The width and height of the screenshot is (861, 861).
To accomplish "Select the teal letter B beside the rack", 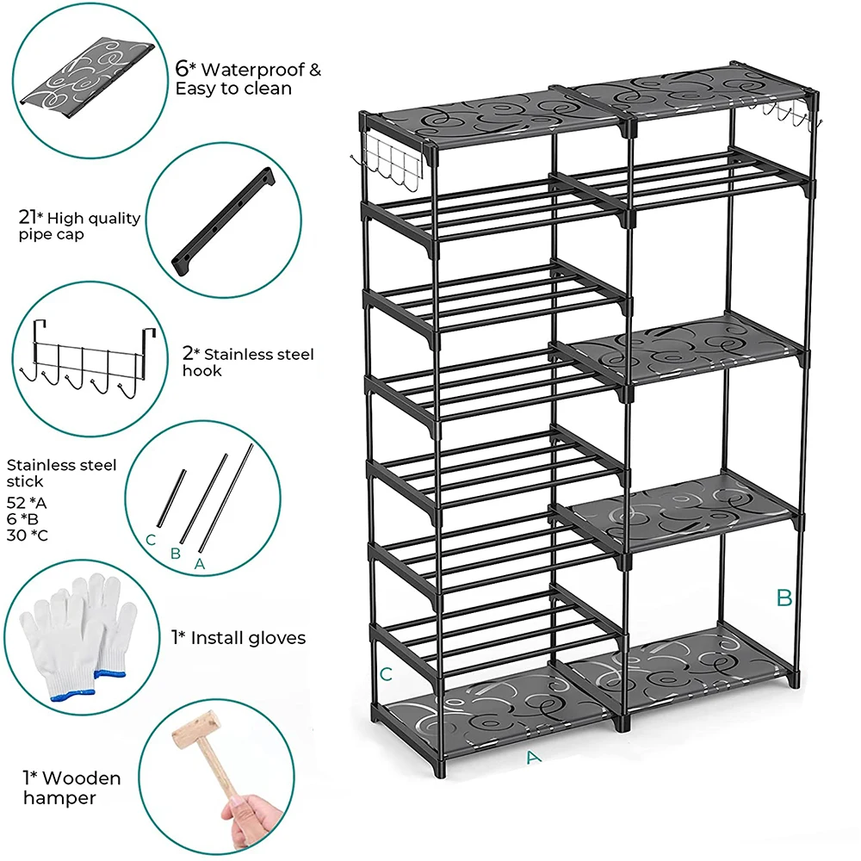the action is click(784, 598).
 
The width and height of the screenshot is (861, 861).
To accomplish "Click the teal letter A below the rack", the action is click(533, 757).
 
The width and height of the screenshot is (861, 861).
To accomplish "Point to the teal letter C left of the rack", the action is click(387, 674).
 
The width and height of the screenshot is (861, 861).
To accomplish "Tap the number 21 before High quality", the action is click(28, 218).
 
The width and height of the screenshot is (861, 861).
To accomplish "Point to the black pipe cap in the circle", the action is click(222, 222).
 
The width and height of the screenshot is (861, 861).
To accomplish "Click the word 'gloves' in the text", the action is click(276, 638).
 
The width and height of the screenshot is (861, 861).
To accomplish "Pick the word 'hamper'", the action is click(59, 797).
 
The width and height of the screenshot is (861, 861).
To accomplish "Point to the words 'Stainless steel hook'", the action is click(248, 362).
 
